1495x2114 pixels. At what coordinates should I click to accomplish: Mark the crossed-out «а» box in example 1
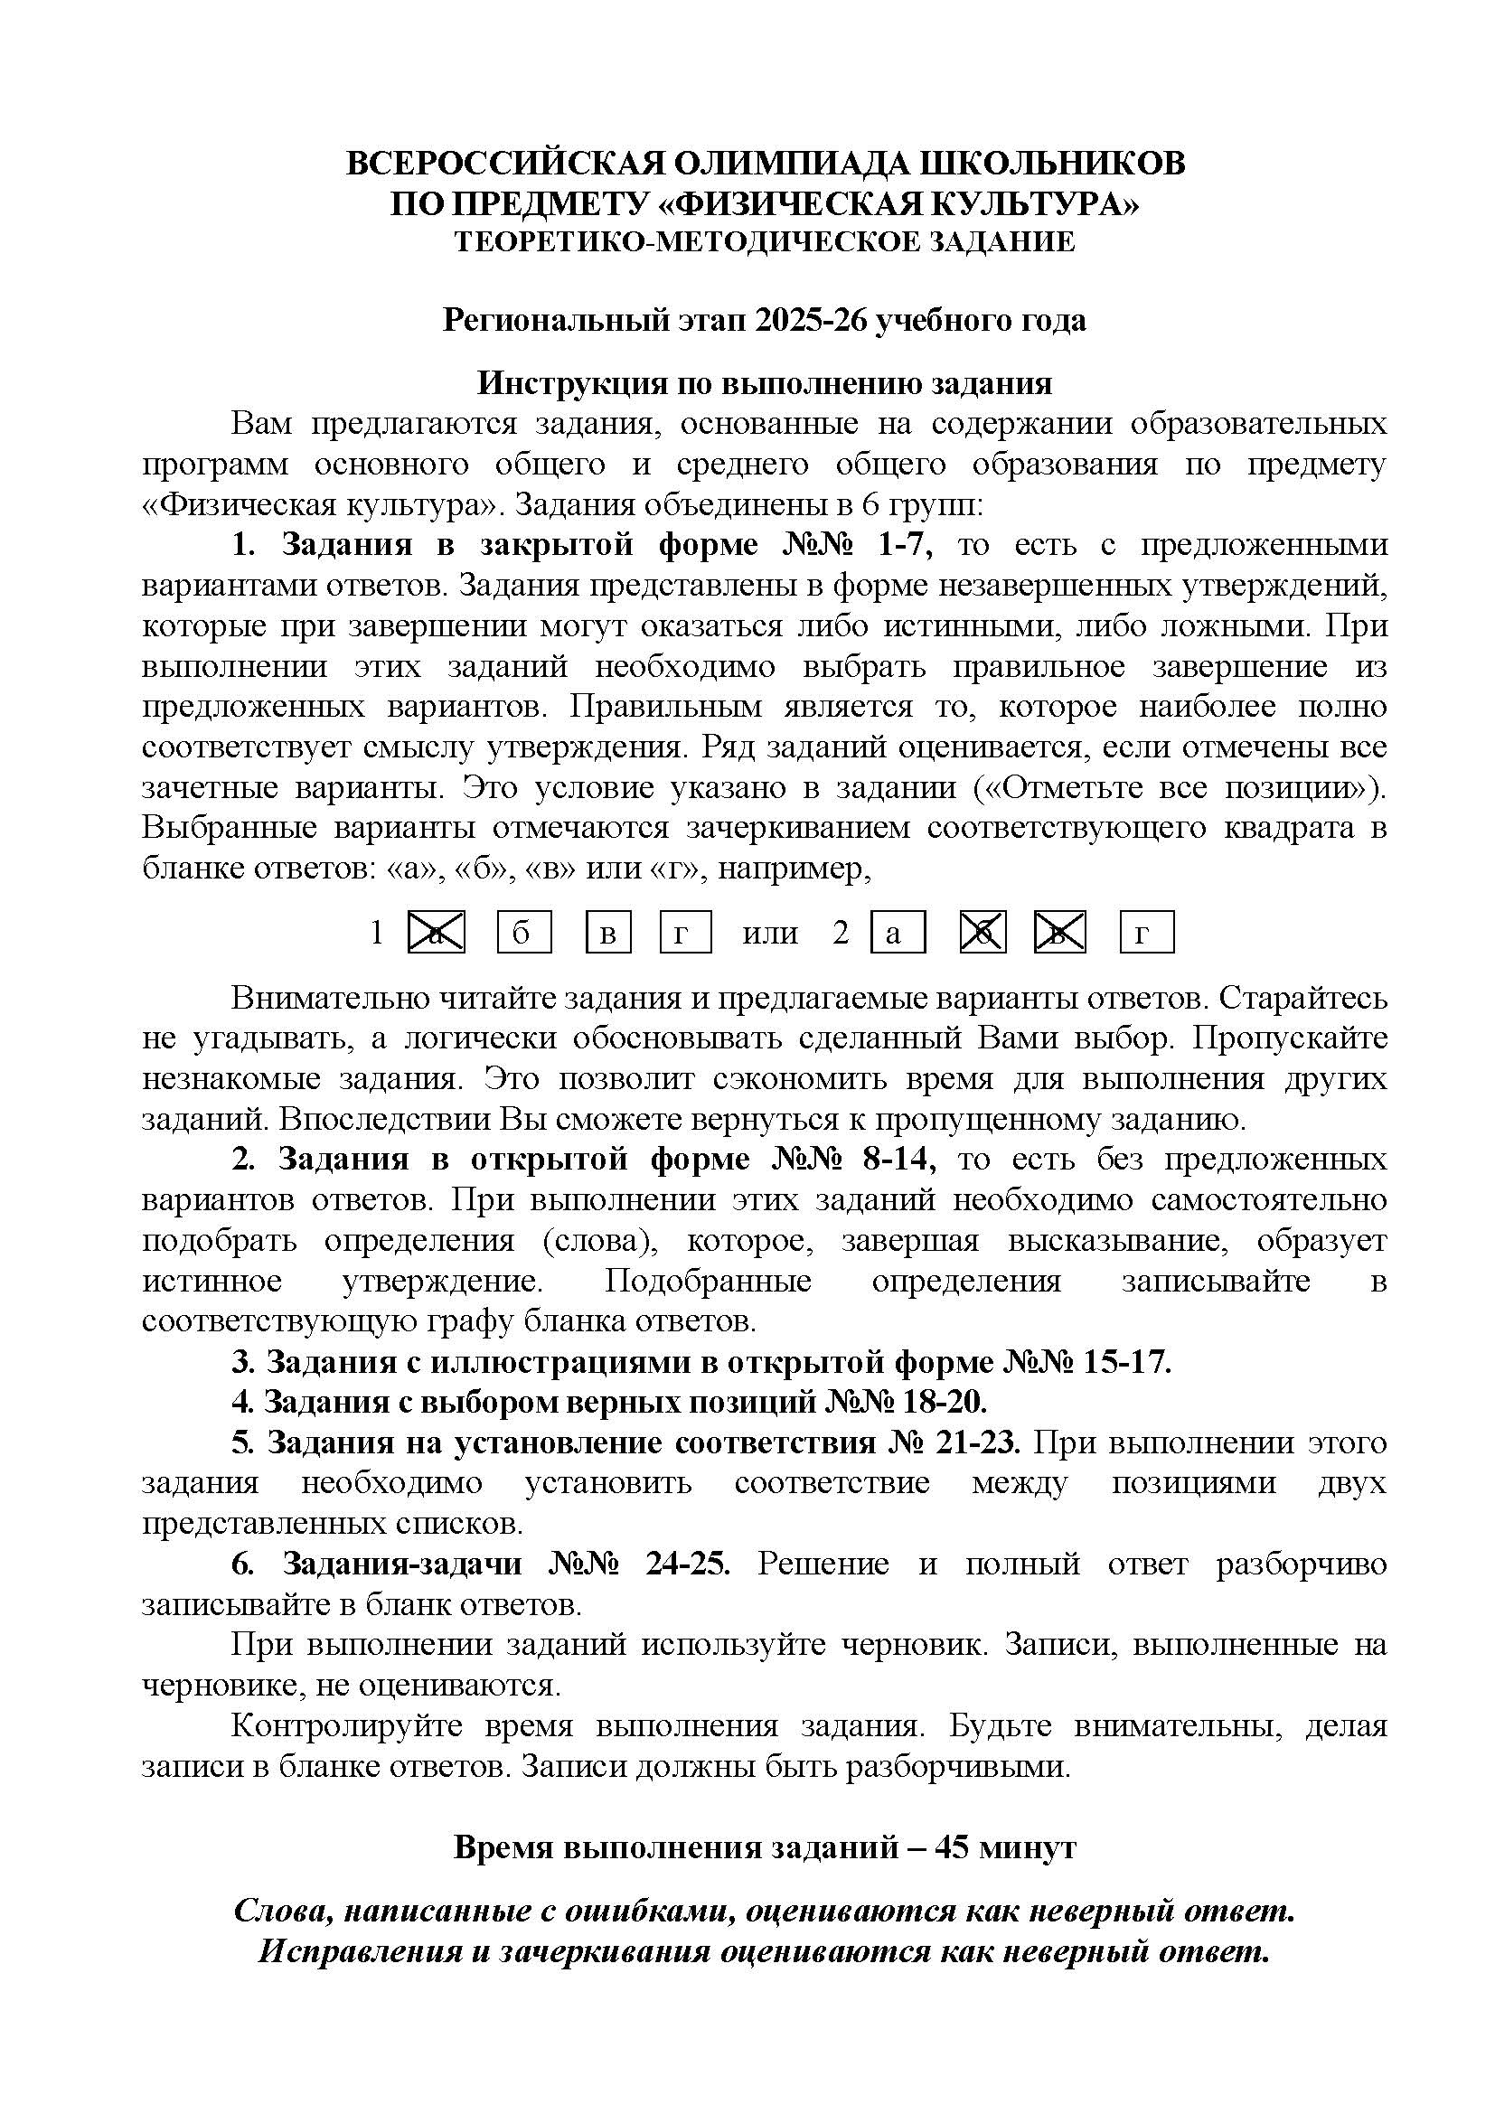pyautogui.click(x=437, y=933)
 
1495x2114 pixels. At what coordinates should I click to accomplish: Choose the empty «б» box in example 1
pyautogui.click(x=524, y=933)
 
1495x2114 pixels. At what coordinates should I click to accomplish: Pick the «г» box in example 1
pyautogui.click(x=685, y=933)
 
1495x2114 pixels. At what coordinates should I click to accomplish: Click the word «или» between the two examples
pyautogui.click(x=769, y=933)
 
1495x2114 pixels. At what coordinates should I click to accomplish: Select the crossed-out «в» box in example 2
pyautogui.click(x=1059, y=933)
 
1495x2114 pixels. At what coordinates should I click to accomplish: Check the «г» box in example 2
pyautogui.click(x=1146, y=933)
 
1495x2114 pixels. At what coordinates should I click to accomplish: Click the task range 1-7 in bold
pyautogui.click(x=906, y=545)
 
